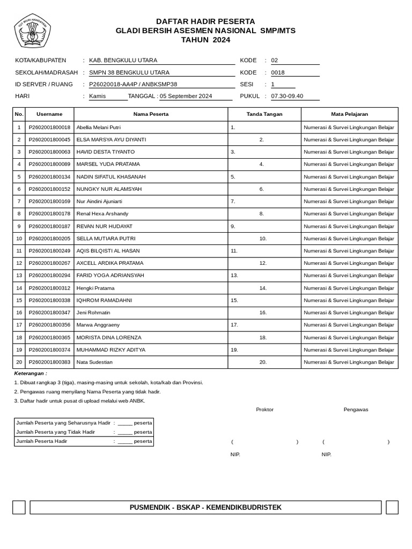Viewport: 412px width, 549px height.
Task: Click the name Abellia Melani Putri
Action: pyautogui.click(x=99, y=128)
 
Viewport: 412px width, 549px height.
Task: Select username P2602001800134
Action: pyautogui.click(x=49, y=177)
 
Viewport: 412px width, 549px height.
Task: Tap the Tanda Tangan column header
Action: pyautogui.click(x=264, y=114)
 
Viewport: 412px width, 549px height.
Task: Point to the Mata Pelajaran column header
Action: pyautogui.click(x=349, y=114)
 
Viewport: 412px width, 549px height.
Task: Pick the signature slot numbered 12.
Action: pyautogui.click(x=263, y=263)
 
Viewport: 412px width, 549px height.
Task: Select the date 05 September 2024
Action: pyautogui.click(x=186, y=97)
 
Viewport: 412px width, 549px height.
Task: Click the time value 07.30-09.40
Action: pyautogui.click(x=287, y=97)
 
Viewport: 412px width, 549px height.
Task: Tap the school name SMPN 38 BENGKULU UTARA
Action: pyautogui.click(x=129, y=72)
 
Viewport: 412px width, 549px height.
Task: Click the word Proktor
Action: pyautogui.click(x=264, y=410)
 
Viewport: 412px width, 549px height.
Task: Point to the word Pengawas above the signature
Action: pyautogui.click(x=356, y=410)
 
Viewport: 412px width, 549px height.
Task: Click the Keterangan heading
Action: pyautogui.click(x=31, y=373)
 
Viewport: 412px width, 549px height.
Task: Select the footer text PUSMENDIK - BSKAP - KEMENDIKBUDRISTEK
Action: pyautogui.click(x=205, y=508)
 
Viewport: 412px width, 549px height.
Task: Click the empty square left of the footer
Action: pyautogui.click(x=19, y=507)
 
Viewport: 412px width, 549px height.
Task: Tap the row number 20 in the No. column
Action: pyautogui.click(x=19, y=362)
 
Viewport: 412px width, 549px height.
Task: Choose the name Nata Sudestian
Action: pyautogui.click(x=95, y=362)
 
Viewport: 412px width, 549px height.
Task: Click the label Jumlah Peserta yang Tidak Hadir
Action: pyautogui.click(x=56, y=432)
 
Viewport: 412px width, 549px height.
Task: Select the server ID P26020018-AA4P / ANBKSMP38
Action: pyautogui.click(x=133, y=84)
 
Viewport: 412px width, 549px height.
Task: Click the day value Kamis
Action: pyautogui.click(x=98, y=97)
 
